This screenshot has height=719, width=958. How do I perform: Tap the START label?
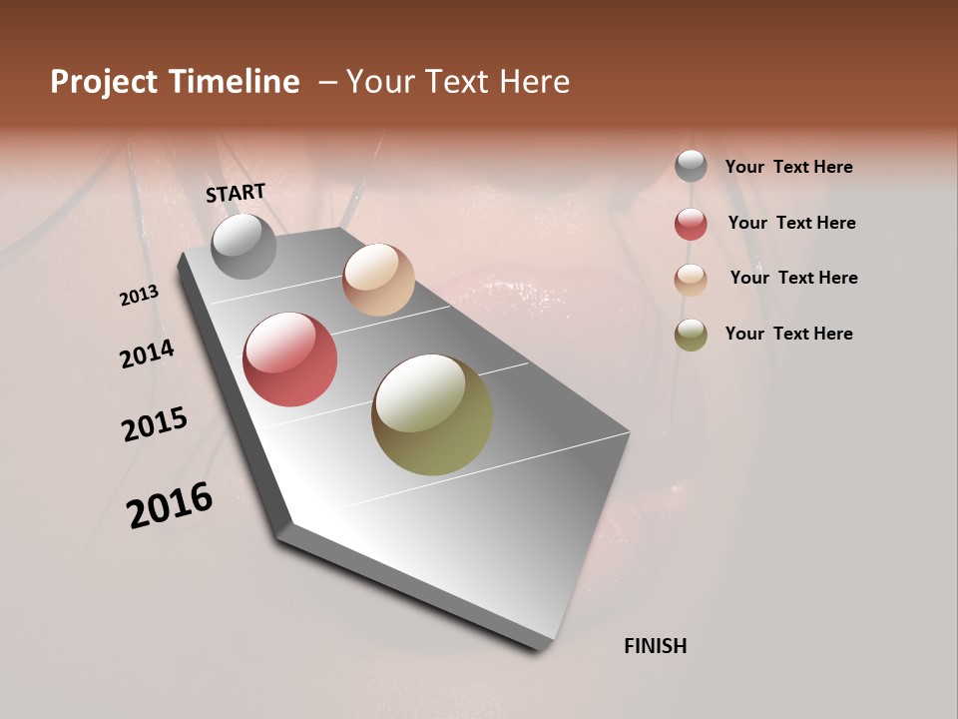(x=236, y=193)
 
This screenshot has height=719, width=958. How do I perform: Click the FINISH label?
(x=655, y=646)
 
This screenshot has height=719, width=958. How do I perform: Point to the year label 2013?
(x=139, y=295)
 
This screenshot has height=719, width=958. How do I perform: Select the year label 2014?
(x=147, y=354)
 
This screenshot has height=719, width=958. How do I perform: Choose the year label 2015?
(x=155, y=424)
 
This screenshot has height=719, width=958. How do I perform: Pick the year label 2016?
(x=170, y=505)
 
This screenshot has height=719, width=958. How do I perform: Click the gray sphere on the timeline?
(x=243, y=246)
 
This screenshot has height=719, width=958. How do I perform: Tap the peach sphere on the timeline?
(x=378, y=280)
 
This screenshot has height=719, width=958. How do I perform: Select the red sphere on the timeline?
(x=289, y=359)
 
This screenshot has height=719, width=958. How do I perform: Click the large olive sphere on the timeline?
(x=432, y=414)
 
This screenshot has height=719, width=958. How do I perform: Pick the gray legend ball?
(x=691, y=167)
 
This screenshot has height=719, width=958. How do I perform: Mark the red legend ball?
(x=691, y=224)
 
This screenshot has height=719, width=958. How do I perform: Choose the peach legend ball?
(x=691, y=279)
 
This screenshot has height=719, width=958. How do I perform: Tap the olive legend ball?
(x=691, y=335)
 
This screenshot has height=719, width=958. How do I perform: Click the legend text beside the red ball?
(x=791, y=223)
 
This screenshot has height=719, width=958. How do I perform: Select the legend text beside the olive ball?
(x=788, y=334)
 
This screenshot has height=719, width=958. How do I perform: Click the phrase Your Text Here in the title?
(x=458, y=82)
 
